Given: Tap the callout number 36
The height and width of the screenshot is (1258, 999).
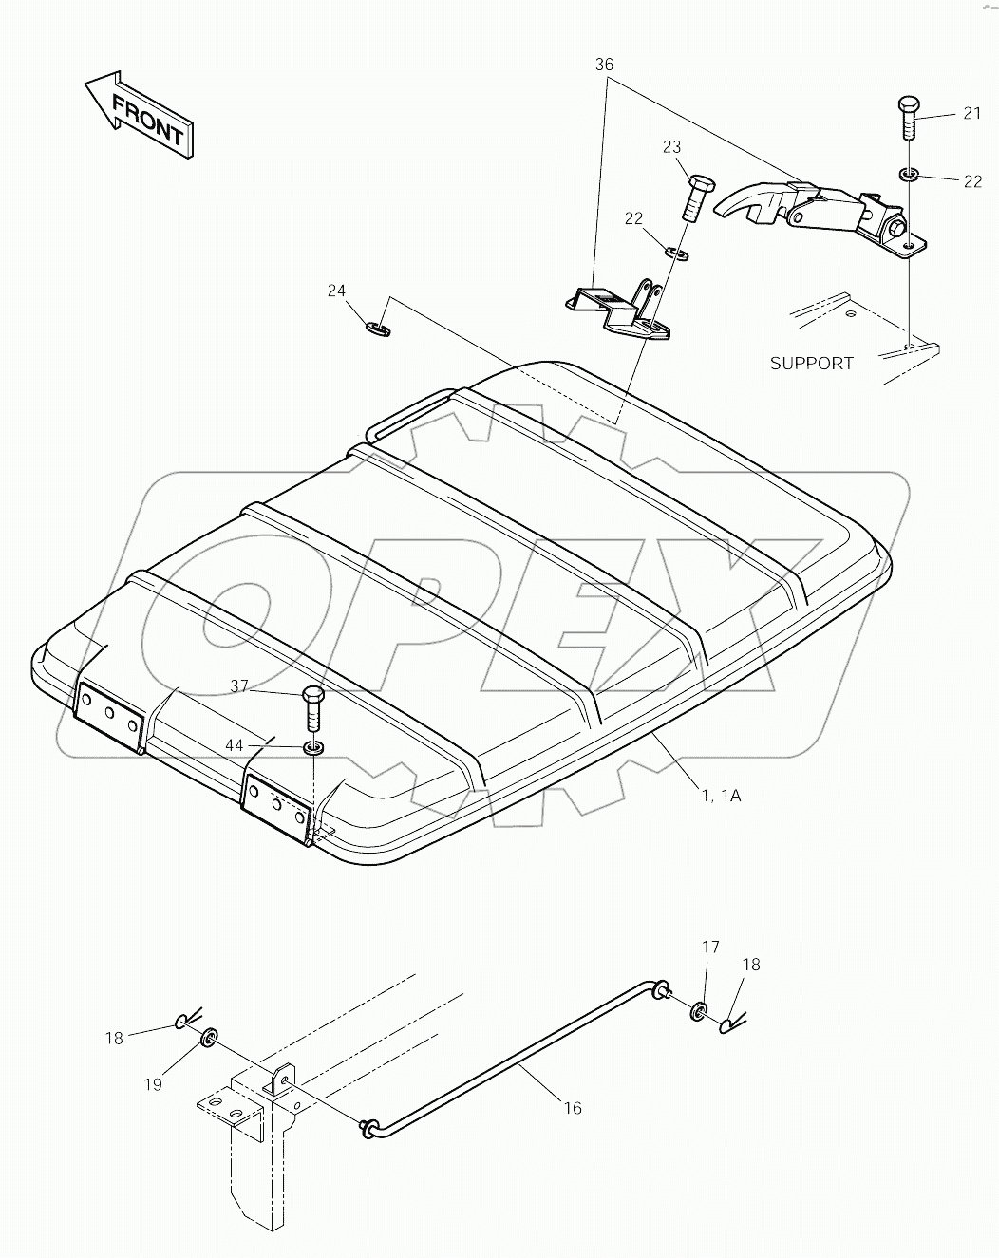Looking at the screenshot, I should (x=604, y=65).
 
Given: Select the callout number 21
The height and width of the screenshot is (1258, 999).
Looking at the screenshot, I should (x=971, y=113).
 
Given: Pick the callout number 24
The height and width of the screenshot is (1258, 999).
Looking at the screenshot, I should (x=336, y=291).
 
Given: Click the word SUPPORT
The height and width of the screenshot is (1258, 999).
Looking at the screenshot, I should (x=811, y=363).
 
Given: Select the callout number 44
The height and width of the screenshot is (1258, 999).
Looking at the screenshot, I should (x=235, y=746).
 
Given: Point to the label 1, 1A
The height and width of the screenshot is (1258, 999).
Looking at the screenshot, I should (x=721, y=796).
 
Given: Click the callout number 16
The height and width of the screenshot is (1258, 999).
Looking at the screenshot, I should (x=572, y=1107).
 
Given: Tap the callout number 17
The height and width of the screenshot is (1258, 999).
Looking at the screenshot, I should (x=710, y=947).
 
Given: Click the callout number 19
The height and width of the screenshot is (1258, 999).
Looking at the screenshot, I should (x=154, y=1084).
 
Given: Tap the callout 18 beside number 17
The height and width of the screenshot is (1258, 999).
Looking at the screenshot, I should (x=750, y=965).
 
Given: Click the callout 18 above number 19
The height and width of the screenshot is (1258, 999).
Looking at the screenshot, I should (x=114, y=1038).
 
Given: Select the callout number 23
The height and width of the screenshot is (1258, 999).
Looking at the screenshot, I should (x=672, y=146).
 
